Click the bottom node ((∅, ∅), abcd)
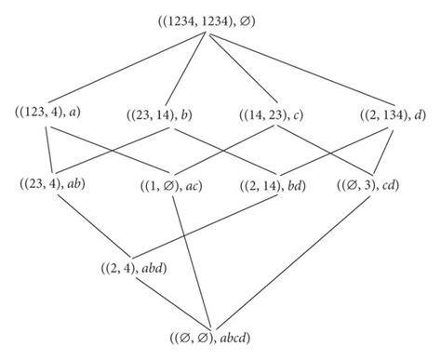pos(220,340)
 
